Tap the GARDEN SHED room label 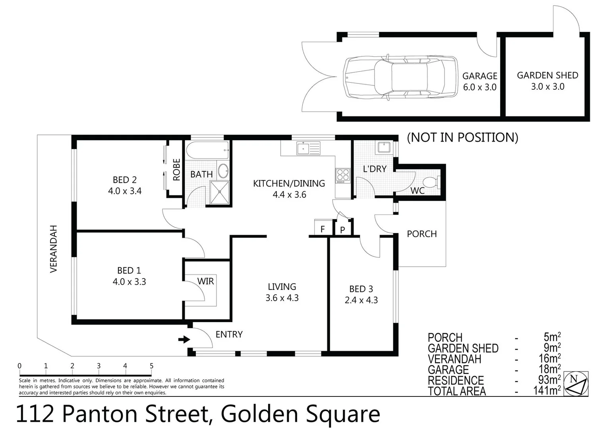coord(547,75)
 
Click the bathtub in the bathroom coord(208,150)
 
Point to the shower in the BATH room coord(220,193)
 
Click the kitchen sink coord(308,149)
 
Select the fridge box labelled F coord(322,229)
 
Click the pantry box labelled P coord(342,230)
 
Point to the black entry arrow coord(184,340)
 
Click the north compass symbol coord(576,384)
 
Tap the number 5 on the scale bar coord(151,366)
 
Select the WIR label coord(205,281)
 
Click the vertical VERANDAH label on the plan coord(54,249)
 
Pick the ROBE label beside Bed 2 coord(176,170)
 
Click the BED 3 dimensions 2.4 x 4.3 coord(361,300)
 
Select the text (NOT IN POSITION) coord(463,137)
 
